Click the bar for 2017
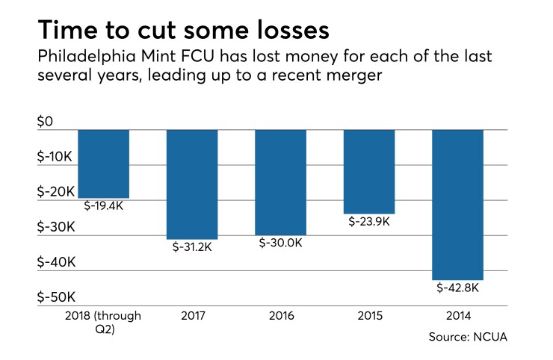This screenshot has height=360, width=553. (x=191, y=184)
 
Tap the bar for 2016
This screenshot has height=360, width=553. (x=280, y=181)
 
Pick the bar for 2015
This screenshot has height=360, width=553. (x=368, y=171)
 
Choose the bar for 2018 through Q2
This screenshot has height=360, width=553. (x=103, y=163)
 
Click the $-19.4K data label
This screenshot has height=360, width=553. (x=103, y=205)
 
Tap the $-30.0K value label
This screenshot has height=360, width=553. (x=280, y=243)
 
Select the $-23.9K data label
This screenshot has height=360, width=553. (x=368, y=222)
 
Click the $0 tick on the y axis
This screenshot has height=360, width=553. (x=46, y=122)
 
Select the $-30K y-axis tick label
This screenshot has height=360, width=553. (x=55, y=227)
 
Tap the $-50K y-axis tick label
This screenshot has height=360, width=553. (x=55, y=297)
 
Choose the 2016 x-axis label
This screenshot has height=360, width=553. (x=280, y=316)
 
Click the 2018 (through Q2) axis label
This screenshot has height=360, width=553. (x=103, y=322)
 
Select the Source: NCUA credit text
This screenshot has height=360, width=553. (x=469, y=337)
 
